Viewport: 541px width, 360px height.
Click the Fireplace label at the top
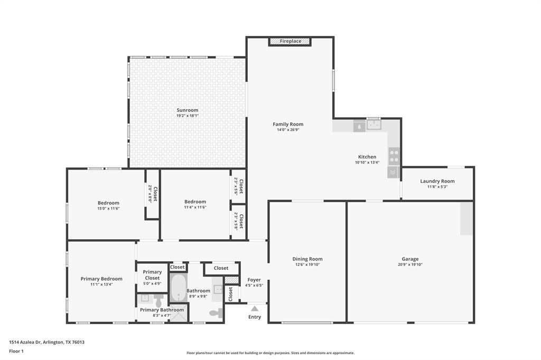[x=290, y=41]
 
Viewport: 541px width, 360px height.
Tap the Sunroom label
[x=188, y=110]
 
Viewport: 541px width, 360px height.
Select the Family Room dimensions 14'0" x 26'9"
[x=288, y=130]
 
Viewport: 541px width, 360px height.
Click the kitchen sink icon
[x=374, y=125]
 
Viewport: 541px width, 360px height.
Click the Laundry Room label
[x=437, y=181]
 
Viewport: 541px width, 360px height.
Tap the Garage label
[x=410, y=259]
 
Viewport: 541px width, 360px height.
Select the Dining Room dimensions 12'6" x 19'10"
[x=307, y=264]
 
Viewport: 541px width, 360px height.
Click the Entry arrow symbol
[x=255, y=309]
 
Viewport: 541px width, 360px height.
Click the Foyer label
[x=254, y=280]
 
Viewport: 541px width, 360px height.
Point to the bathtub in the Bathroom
[x=178, y=288]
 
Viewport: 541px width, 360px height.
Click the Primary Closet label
[x=152, y=275]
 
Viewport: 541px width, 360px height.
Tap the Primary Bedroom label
[x=101, y=279]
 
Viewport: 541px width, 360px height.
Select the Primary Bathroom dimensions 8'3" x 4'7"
[x=162, y=315]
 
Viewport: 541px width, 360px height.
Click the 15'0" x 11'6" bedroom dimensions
[x=108, y=209]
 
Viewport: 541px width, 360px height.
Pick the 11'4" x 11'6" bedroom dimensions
[x=195, y=207]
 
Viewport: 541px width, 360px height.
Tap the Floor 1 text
[x=16, y=351]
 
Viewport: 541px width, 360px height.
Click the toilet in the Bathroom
[x=215, y=313]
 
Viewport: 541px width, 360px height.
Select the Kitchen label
[x=367, y=157]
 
